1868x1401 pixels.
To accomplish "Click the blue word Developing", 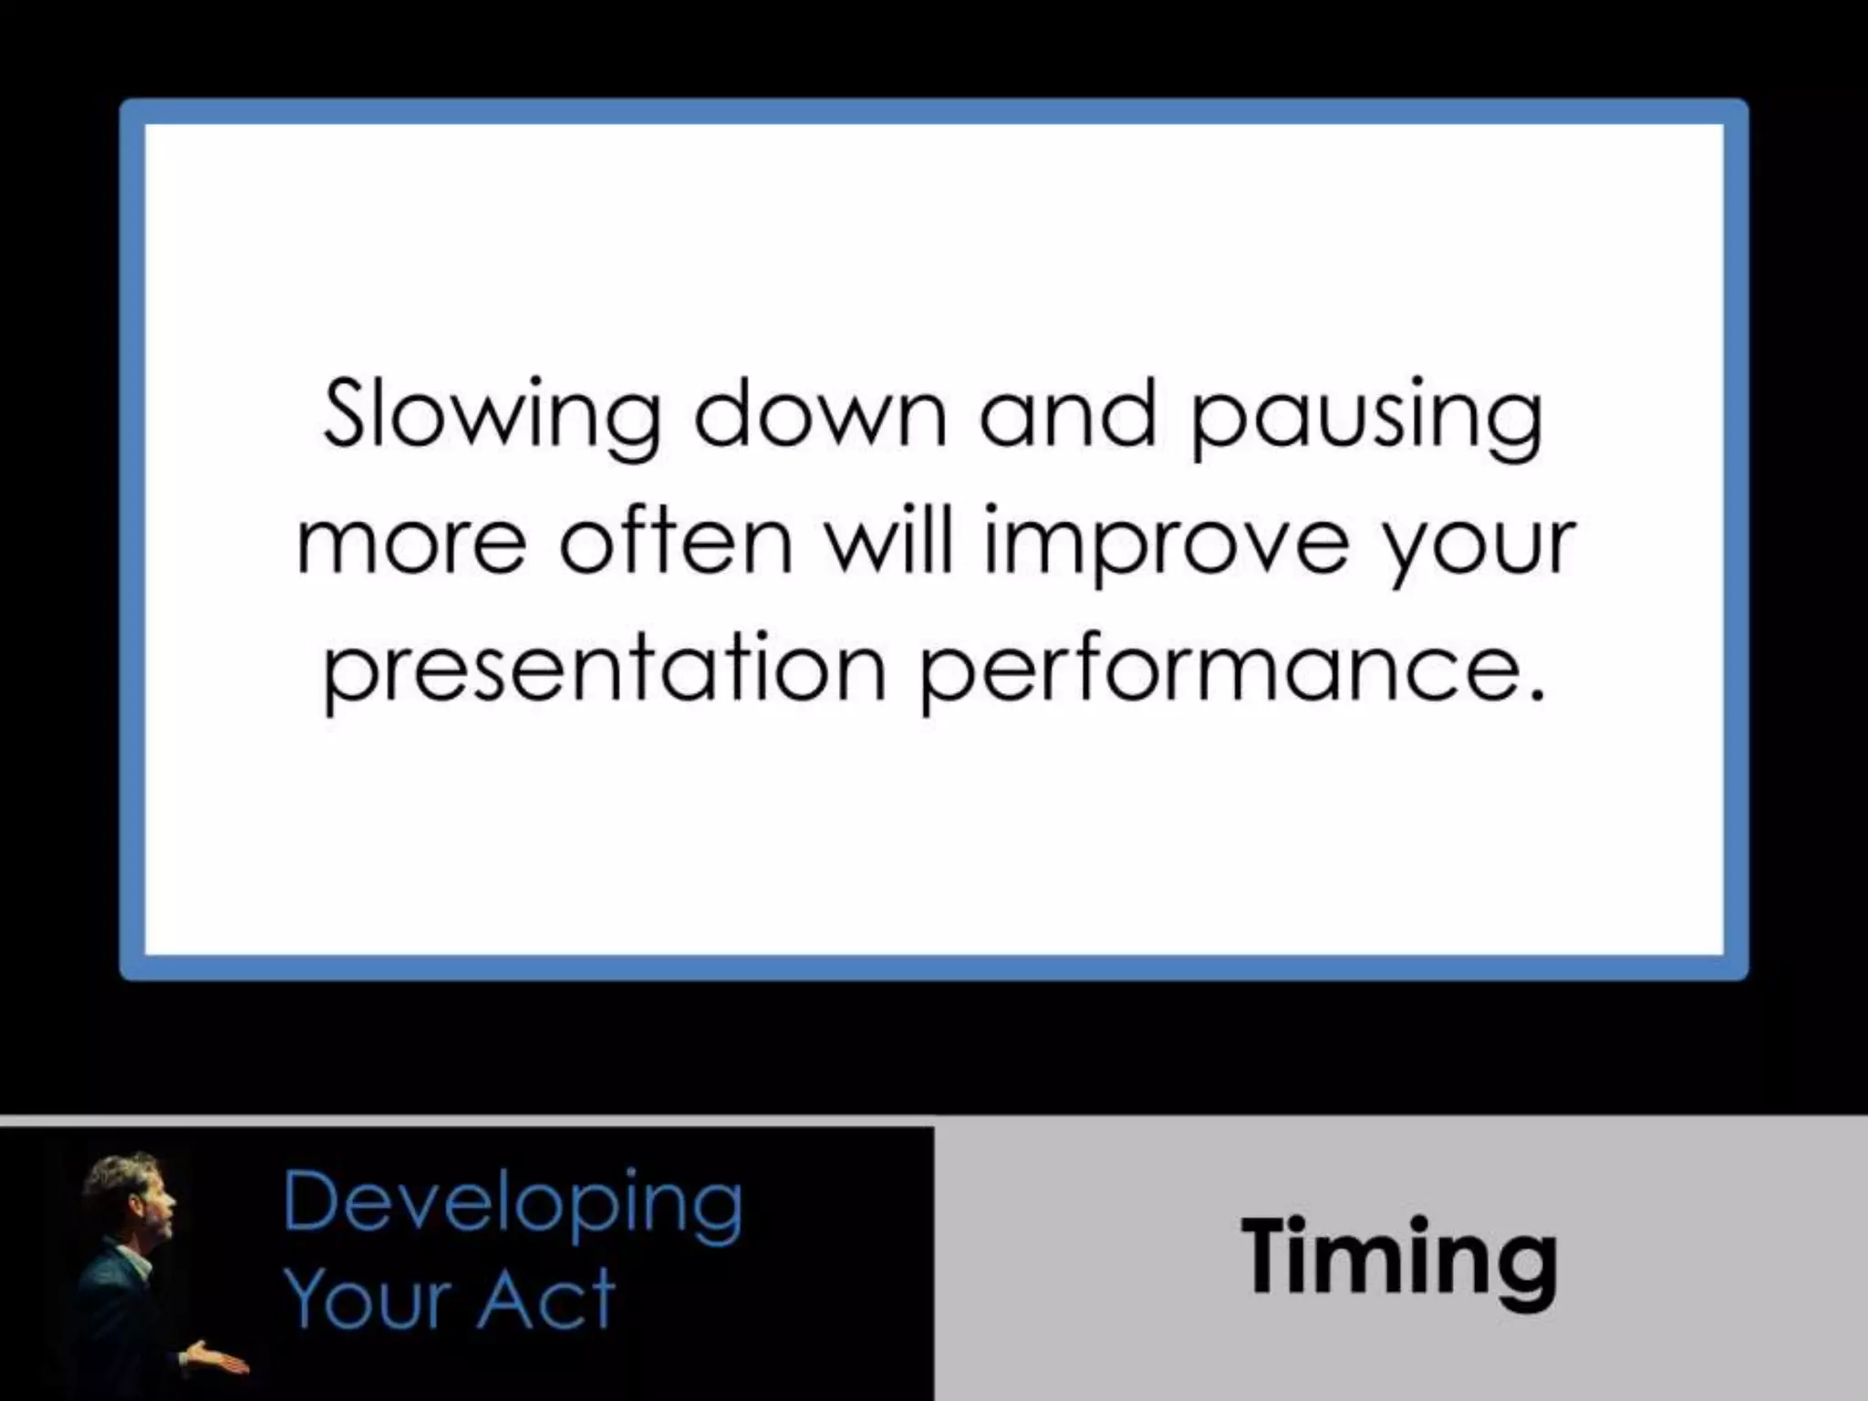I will click(x=513, y=1204).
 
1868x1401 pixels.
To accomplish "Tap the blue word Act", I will click(x=546, y=1299).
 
